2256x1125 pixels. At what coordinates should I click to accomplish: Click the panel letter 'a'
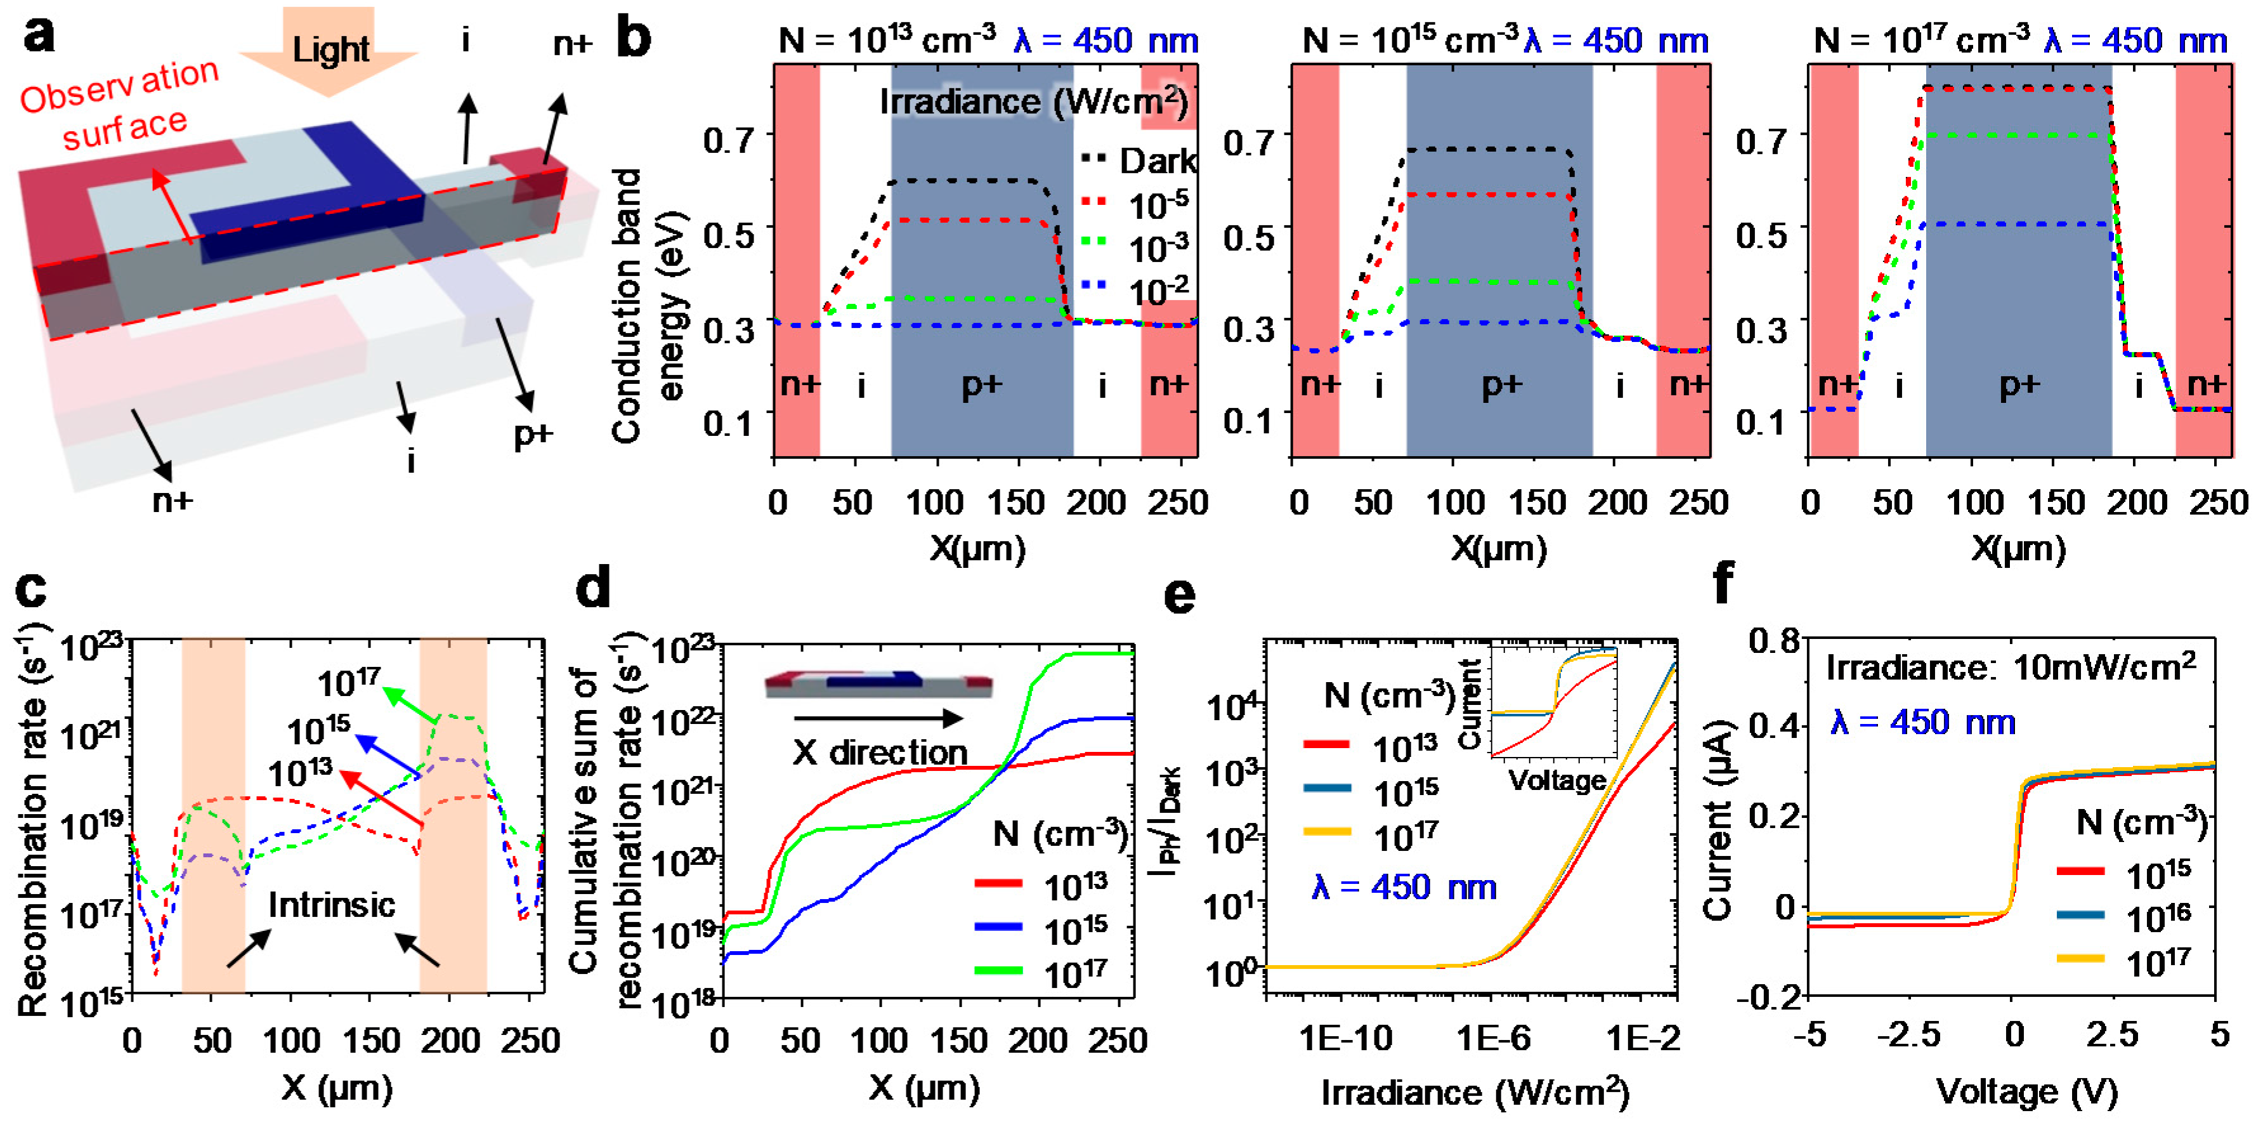39,37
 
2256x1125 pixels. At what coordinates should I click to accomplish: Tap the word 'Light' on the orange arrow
330,49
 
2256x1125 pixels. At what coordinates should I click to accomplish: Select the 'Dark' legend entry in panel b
1138,161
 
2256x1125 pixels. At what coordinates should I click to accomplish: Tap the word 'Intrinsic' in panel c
331,904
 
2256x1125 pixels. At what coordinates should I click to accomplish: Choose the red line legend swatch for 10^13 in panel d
998,883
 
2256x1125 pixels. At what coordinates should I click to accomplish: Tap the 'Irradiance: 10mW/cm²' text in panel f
2011,669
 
